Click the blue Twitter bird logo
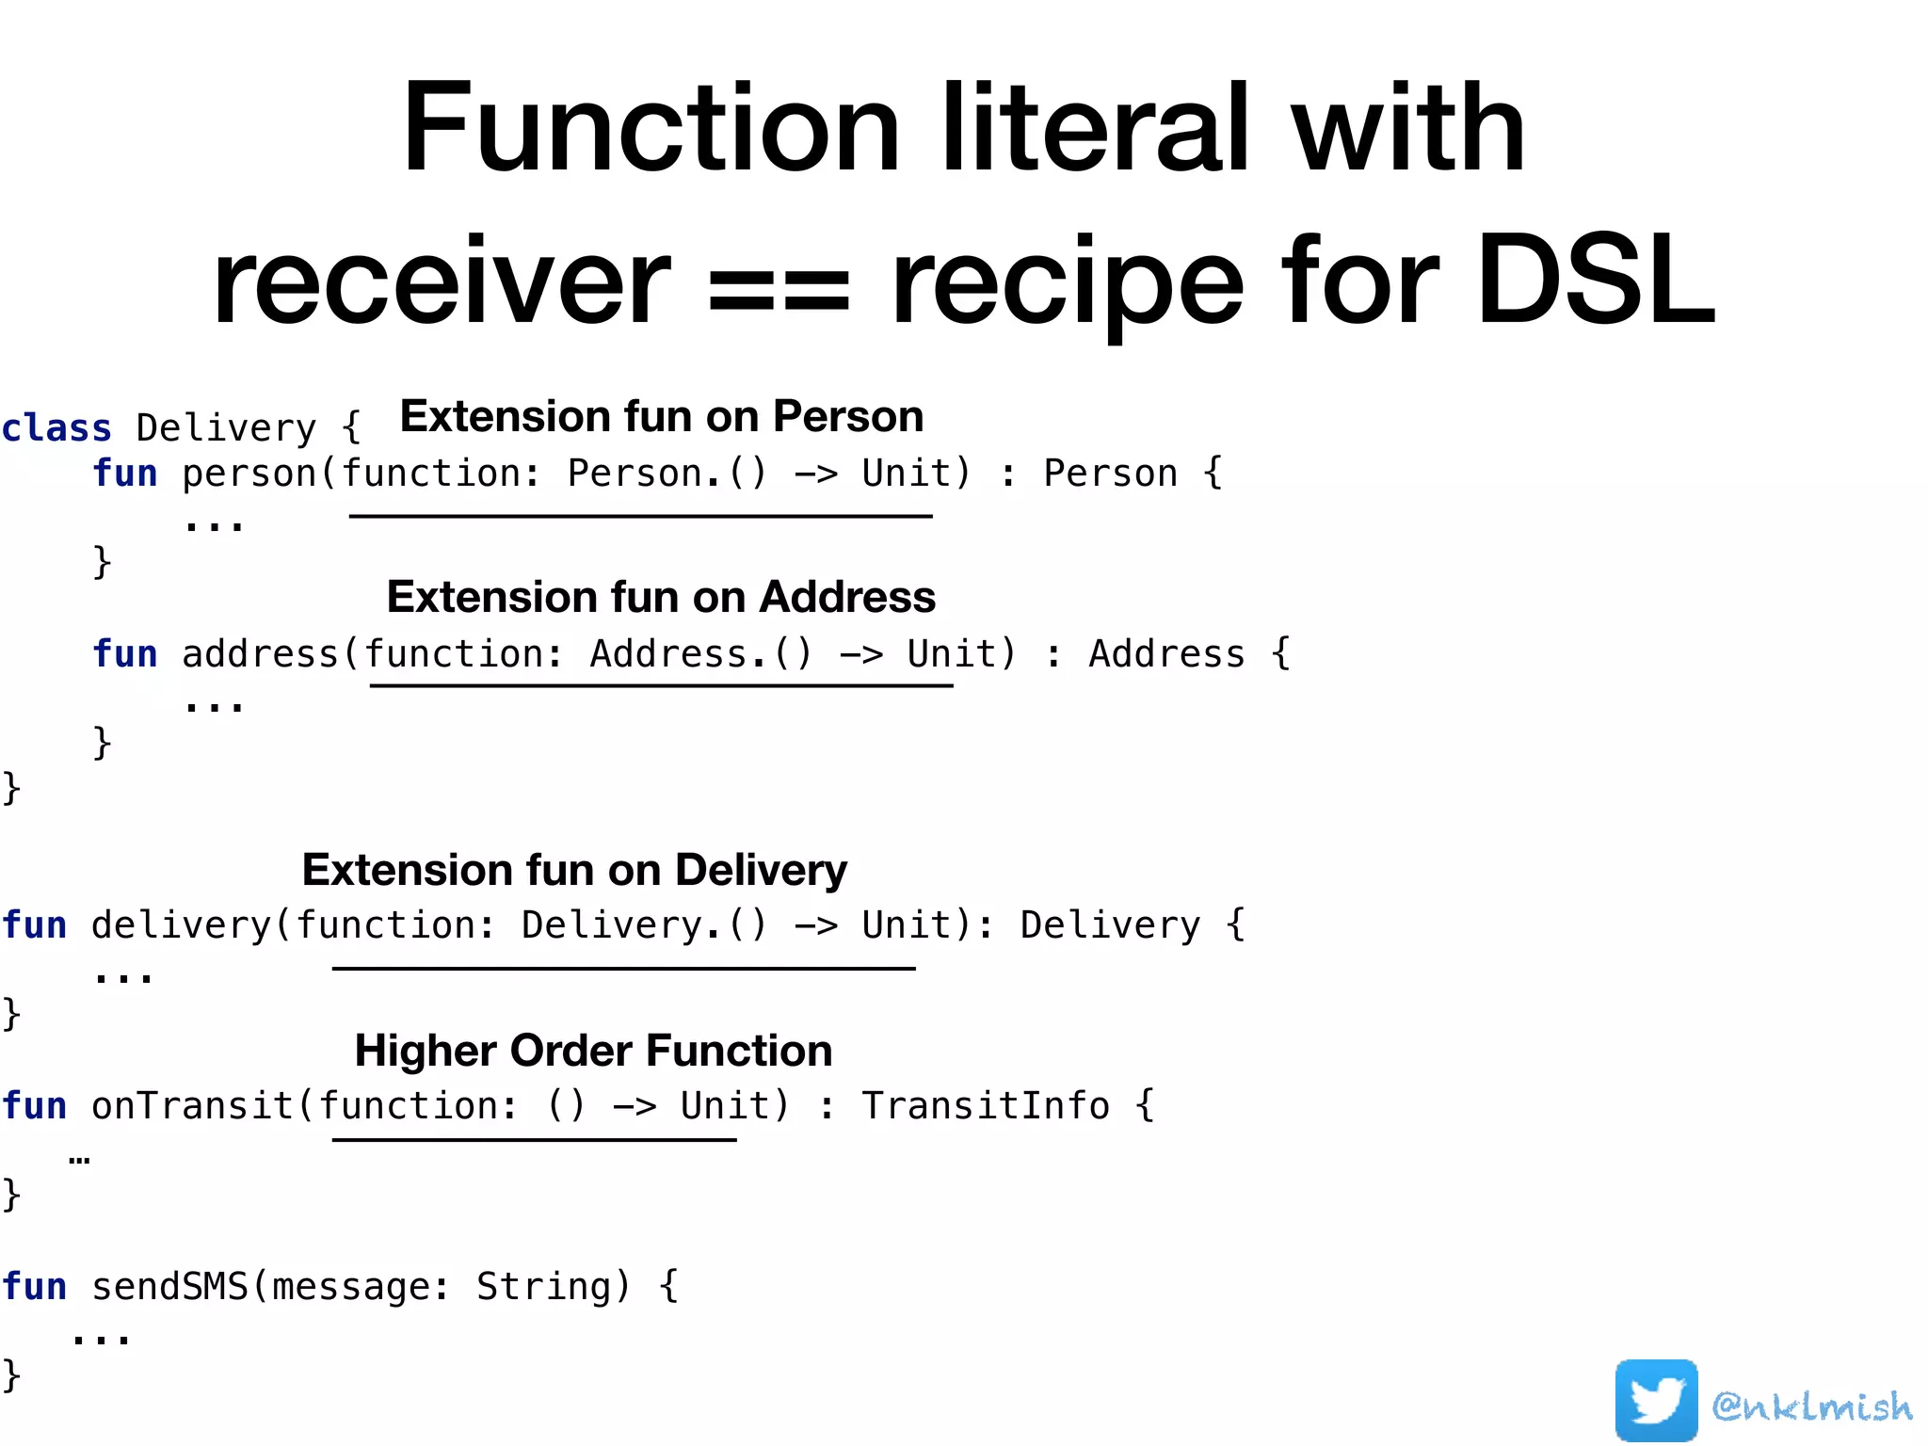click(x=1655, y=1400)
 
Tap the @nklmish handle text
click(x=1811, y=1406)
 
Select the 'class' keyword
click(x=56, y=428)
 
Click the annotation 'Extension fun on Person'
click(x=661, y=416)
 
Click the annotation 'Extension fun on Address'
click(x=661, y=597)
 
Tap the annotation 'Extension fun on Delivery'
click(x=574, y=870)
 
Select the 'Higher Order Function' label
click(x=593, y=1051)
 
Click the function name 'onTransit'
click(x=192, y=1106)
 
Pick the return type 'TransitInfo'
click(x=986, y=1106)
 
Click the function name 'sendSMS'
click(x=169, y=1287)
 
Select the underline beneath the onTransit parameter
click(x=534, y=1140)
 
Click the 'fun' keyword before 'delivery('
click(x=35, y=925)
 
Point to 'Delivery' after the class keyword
click(x=226, y=428)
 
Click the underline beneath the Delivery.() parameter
click(x=623, y=968)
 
